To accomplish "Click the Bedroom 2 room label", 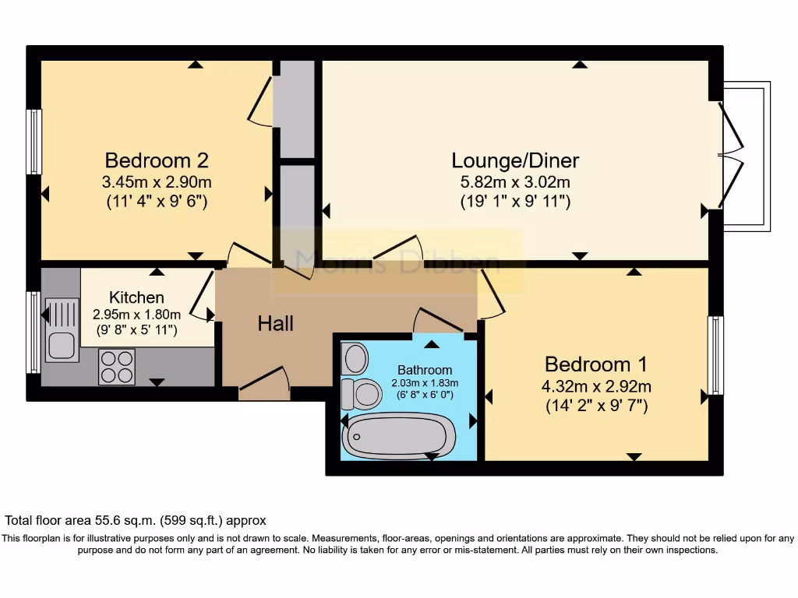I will (157, 160).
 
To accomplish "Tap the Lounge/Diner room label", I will (515, 160).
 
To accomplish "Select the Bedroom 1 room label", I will (596, 364).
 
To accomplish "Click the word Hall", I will (276, 323).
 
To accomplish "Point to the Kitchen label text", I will (136, 297).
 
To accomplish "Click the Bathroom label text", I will (425, 369).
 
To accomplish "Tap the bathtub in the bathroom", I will (398, 436).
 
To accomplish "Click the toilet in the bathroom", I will (360, 393).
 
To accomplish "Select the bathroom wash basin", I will (355, 359).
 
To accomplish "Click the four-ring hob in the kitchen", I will (117, 366).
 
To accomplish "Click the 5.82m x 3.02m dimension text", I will (515, 183).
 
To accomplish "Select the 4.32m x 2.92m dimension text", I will (596, 386).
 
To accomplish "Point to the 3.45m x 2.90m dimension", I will (157, 183).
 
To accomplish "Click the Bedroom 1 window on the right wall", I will (715, 355).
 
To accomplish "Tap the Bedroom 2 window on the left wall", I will (34, 142).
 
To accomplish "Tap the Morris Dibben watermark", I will (397, 261).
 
